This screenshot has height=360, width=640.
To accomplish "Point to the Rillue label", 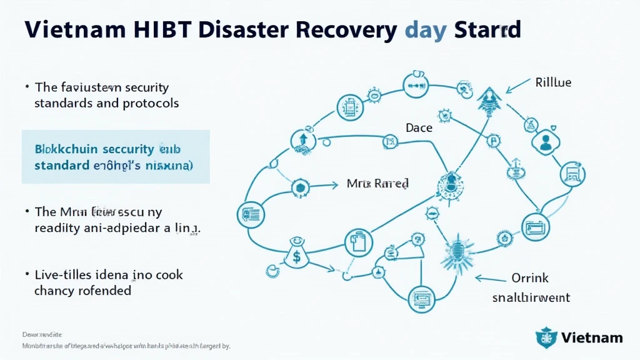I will tap(553, 82).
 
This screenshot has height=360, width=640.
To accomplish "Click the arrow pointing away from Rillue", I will tap(517, 88).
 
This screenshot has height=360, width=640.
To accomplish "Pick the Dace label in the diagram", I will tap(418, 127).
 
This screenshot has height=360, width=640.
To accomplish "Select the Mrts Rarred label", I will tap(377, 184).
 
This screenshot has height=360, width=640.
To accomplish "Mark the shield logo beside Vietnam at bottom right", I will tap(546, 337).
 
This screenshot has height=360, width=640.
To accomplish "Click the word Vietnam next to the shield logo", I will tap(591, 337).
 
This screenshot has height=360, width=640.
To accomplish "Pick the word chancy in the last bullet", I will tap(54, 291).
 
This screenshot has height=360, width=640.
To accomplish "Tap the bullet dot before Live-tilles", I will tap(27, 274).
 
